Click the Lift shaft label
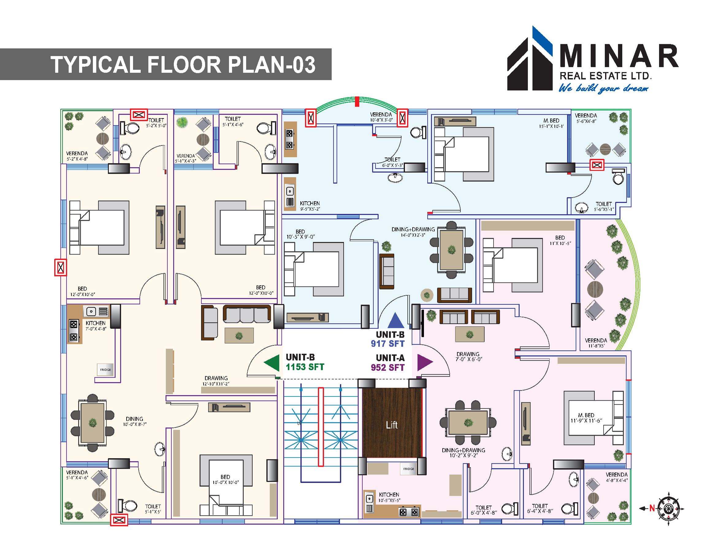click(392, 425)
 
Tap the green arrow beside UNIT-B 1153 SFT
click(272, 363)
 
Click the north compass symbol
click(668, 508)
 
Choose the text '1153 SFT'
click(305, 367)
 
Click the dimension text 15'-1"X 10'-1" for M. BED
click(551, 126)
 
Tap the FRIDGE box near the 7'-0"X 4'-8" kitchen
click(105, 370)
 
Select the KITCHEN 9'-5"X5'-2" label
click(310, 206)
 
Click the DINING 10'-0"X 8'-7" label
click(135, 421)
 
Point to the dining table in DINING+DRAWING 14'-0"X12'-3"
click(452, 250)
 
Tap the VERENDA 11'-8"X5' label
click(596, 343)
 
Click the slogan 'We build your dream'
click(603, 88)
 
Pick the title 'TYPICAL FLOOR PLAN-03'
click(183, 64)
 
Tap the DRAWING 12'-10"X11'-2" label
click(216, 381)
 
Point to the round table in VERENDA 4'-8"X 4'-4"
click(593, 498)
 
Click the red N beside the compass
click(652, 508)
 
